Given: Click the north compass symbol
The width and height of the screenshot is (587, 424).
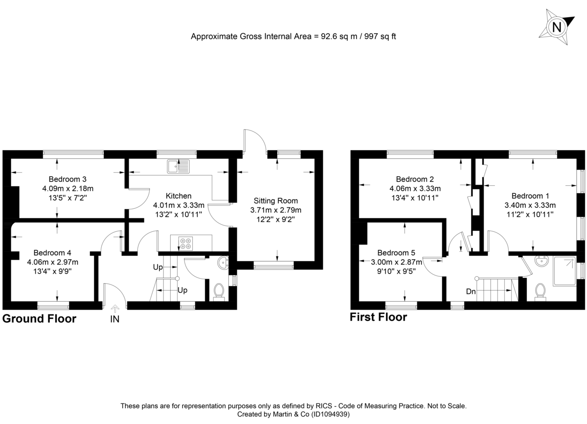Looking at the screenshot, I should click(556, 26).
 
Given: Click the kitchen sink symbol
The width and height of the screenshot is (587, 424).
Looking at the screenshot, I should click(177, 167).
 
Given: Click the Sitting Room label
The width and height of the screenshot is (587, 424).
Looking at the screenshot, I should click(275, 201).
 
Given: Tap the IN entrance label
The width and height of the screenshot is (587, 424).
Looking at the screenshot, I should click(115, 319).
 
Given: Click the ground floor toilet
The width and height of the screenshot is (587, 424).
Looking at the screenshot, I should click(218, 292).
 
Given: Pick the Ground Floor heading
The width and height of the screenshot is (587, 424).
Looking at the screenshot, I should click(40, 319).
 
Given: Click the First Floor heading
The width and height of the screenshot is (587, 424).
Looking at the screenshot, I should click(378, 317).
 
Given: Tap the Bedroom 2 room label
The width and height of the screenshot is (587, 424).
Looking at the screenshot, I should click(415, 179).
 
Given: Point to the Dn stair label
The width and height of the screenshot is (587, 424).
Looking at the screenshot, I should click(471, 291).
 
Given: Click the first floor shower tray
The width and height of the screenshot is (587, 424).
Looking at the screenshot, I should click(564, 272).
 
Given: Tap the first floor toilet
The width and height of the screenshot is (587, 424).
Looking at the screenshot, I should click(541, 292).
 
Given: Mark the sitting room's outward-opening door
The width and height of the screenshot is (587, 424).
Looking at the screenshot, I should click(254, 140).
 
